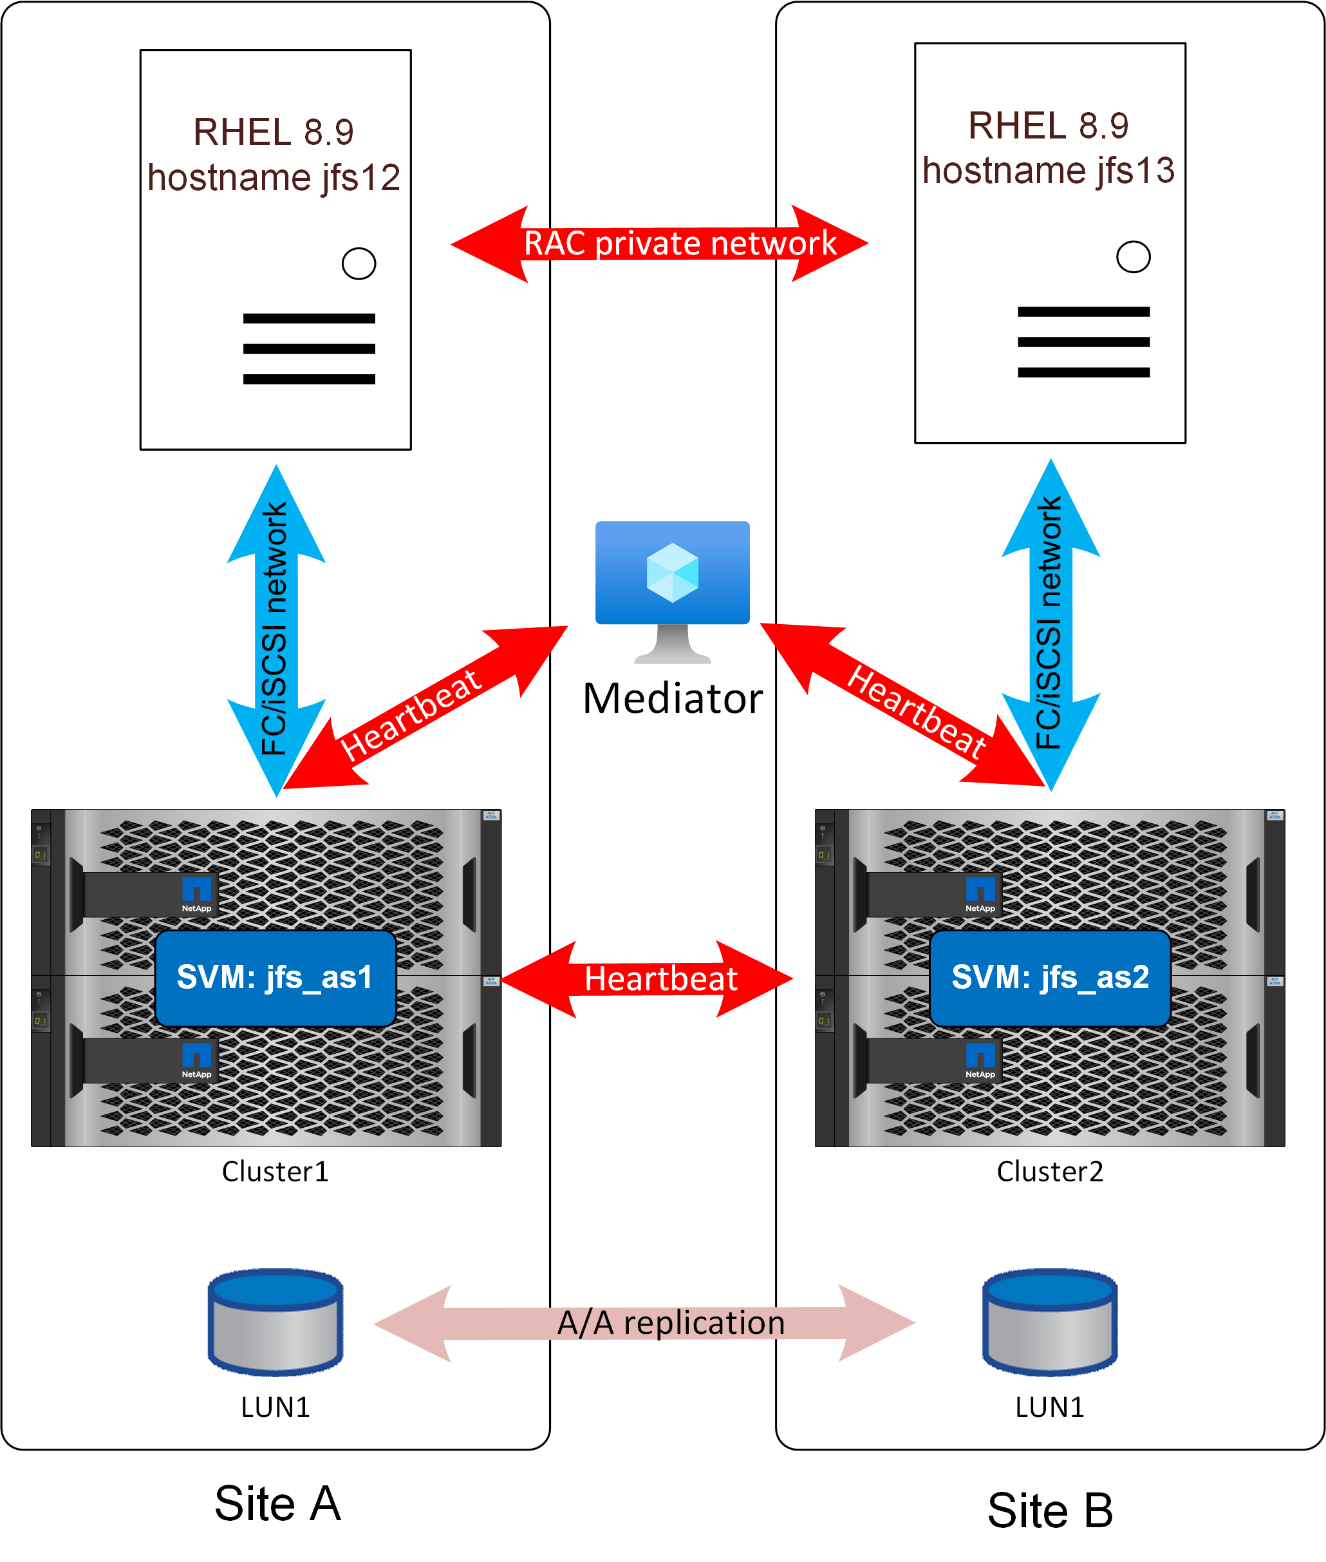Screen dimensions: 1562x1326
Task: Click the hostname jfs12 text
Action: [274, 178]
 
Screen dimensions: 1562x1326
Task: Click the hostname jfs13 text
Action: [1049, 171]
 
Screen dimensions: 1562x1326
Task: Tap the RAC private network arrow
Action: [660, 243]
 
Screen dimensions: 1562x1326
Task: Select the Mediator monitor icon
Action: [672, 591]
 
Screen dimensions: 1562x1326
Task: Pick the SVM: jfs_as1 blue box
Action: [275, 978]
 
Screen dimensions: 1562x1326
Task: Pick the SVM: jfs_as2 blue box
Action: [1050, 978]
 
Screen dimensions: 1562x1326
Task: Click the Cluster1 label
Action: [275, 1172]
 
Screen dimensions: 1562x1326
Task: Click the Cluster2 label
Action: [1049, 1172]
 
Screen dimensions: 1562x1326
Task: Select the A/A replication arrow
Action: [645, 1323]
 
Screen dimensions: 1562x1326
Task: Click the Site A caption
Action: [277, 1504]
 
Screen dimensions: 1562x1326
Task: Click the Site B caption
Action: [1050, 1510]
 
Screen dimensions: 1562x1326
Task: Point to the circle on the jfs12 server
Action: [359, 264]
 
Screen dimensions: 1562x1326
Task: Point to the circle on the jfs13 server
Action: [1133, 257]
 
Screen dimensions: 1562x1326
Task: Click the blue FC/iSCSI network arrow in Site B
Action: [1050, 624]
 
